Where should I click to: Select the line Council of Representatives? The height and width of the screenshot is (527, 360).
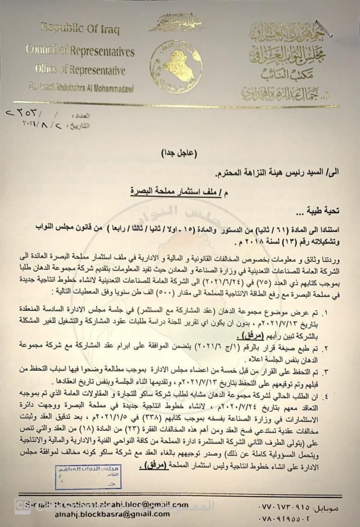pos(80,51)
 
